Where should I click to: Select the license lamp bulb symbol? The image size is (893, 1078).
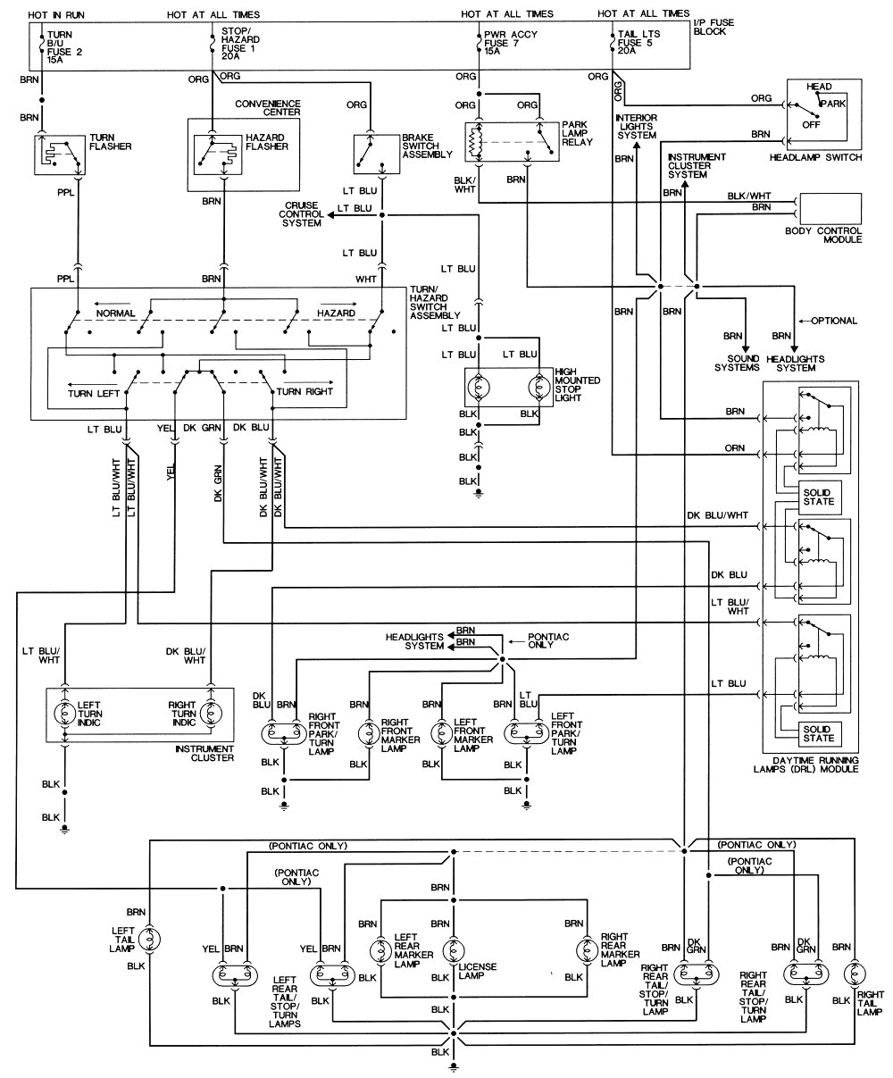pyautogui.click(x=454, y=948)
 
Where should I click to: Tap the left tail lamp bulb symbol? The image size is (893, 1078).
pyautogui.click(x=151, y=939)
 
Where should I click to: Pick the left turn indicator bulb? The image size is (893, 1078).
pyautogui.click(x=65, y=715)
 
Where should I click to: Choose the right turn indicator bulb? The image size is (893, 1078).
pyautogui.click(x=212, y=715)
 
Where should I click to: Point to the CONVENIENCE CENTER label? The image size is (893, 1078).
pyautogui.click(x=267, y=107)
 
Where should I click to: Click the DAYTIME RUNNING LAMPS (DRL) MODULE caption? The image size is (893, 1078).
pyautogui.click(x=809, y=764)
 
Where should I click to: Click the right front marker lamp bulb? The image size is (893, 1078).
pyautogui.click(x=364, y=734)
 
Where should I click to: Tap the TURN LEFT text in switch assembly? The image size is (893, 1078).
pyautogui.click(x=93, y=392)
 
